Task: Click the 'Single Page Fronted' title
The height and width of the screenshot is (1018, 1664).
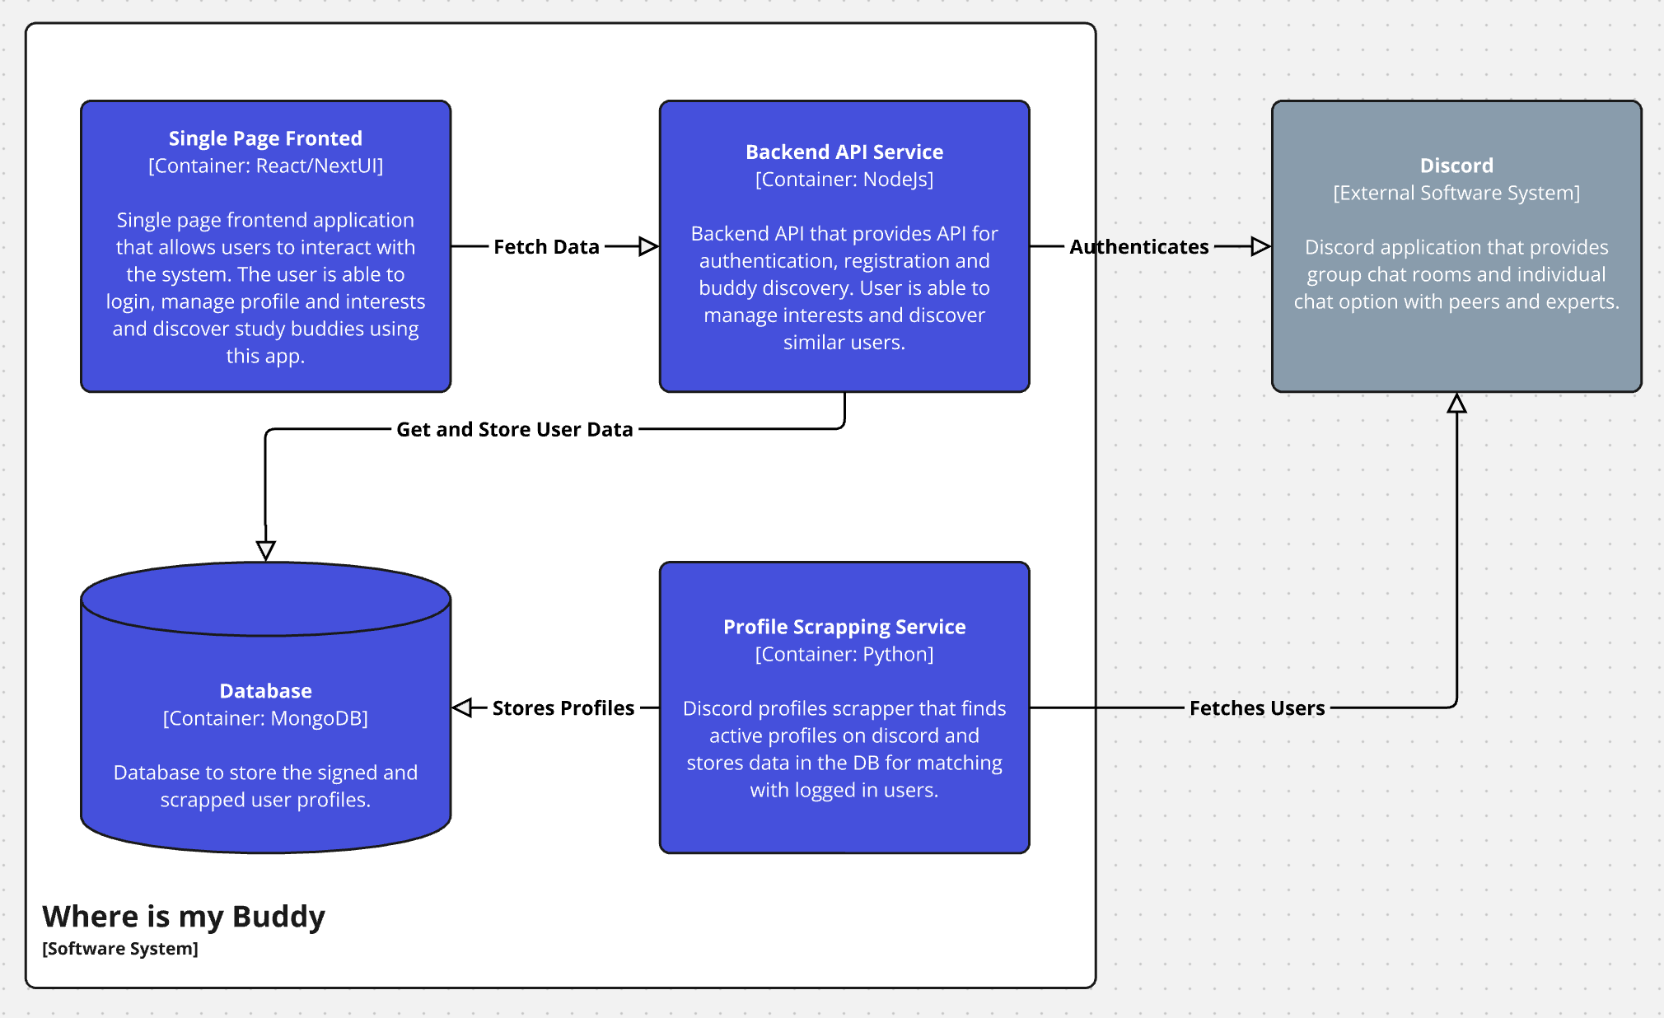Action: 265,138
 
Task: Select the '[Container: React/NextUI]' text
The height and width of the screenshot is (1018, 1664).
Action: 265,166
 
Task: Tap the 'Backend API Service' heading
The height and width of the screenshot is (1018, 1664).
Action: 844,152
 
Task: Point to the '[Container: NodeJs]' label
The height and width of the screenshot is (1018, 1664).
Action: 844,179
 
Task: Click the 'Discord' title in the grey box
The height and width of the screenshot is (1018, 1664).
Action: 1456,166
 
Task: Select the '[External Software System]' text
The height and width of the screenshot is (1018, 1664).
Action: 1456,193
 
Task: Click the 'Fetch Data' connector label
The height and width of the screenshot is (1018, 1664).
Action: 546,246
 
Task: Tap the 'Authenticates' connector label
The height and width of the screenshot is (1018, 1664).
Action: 1138,246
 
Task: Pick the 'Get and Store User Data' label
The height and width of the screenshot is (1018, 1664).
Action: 514,429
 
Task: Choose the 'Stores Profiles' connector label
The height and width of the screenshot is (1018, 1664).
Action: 563,707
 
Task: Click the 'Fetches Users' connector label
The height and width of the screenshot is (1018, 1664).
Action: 1256,707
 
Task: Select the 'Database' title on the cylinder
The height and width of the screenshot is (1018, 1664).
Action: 265,690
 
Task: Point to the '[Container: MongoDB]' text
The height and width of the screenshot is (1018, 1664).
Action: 265,718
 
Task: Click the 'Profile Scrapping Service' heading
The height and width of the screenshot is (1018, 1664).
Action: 844,627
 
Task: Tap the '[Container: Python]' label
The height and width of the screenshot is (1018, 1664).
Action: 844,654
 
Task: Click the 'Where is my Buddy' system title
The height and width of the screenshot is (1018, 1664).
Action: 183,916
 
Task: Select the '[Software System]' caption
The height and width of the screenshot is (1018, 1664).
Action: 120,948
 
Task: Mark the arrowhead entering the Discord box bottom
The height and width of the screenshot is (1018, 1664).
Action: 1456,404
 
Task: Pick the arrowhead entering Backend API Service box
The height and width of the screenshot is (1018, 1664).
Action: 648,246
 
